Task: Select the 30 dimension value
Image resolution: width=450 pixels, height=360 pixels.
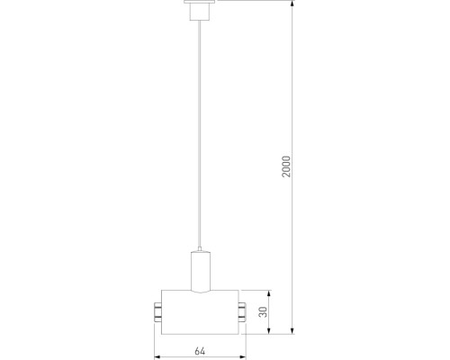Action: pos(263,311)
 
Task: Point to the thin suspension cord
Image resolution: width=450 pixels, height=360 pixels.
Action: pos(198,135)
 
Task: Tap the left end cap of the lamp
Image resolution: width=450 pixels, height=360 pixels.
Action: pos(157,312)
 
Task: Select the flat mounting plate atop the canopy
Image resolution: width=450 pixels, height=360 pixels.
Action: pos(198,3)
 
